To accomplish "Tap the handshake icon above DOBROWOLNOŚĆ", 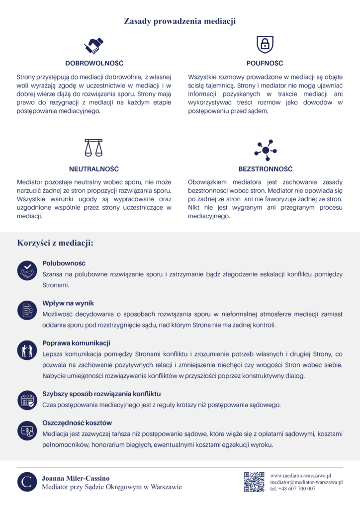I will point(94,45).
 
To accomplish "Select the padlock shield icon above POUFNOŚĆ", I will point(265,45).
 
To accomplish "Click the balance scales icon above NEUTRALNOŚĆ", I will point(94,148).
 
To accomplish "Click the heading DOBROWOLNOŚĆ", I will point(94,64).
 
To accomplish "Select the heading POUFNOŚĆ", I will point(265,64).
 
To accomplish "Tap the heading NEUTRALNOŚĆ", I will point(94,169).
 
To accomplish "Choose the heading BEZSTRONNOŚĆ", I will point(265,169).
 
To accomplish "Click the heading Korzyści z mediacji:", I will point(55,244).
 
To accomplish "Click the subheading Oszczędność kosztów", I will point(77,423).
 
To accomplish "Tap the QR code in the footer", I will point(254,482).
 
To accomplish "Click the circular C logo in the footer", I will point(27,482).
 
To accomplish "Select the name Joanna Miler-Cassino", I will point(76,478).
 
